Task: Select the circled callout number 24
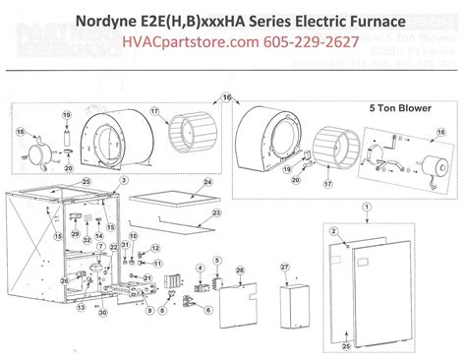tap(208, 183)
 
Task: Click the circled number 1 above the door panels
tap(367, 205)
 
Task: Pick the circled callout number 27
tap(286, 267)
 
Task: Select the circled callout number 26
tap(66, 281)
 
